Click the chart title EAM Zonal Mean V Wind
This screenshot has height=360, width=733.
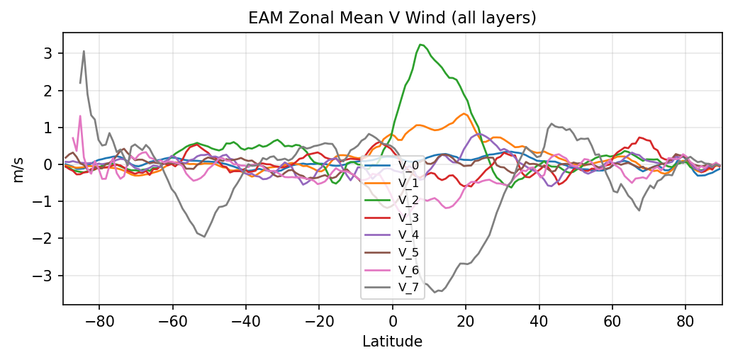(x=392, y=18)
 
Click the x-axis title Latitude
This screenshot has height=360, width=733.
(x=392, y=342)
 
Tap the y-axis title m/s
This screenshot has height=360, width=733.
(x=19, y=169)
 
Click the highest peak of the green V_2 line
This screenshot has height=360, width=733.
(x=420, y=45)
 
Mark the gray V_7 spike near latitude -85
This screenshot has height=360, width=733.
(x=84, y=51)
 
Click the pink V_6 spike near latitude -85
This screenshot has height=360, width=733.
(x=80, y=116)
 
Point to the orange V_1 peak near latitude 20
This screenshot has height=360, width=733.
(x=464, y=113)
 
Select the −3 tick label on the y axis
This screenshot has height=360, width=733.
(x=45, y=276)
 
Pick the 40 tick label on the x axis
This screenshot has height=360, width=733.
(x=539, y=320)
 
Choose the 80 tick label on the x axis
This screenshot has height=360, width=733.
(x=686, y=320)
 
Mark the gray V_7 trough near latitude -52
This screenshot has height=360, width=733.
(x=204, y=237)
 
